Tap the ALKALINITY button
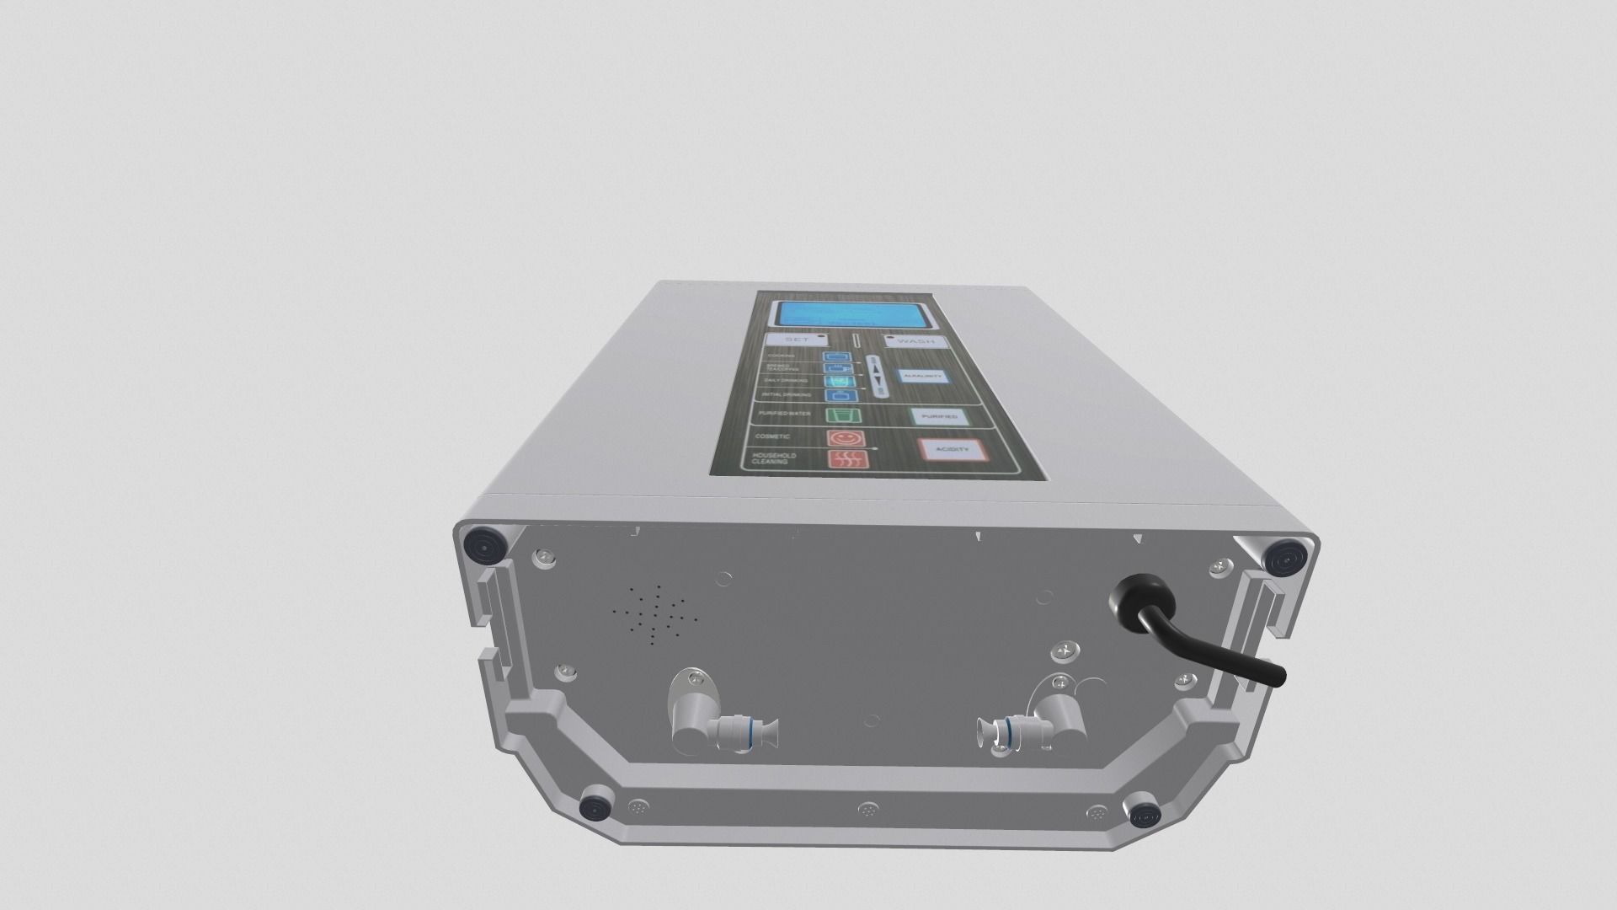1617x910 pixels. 921,377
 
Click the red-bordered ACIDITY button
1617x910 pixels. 951,450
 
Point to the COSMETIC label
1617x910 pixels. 772,436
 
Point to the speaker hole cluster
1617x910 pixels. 654,616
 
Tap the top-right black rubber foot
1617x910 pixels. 1286,558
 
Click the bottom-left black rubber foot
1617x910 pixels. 595,809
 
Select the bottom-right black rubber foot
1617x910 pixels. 1145,814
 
